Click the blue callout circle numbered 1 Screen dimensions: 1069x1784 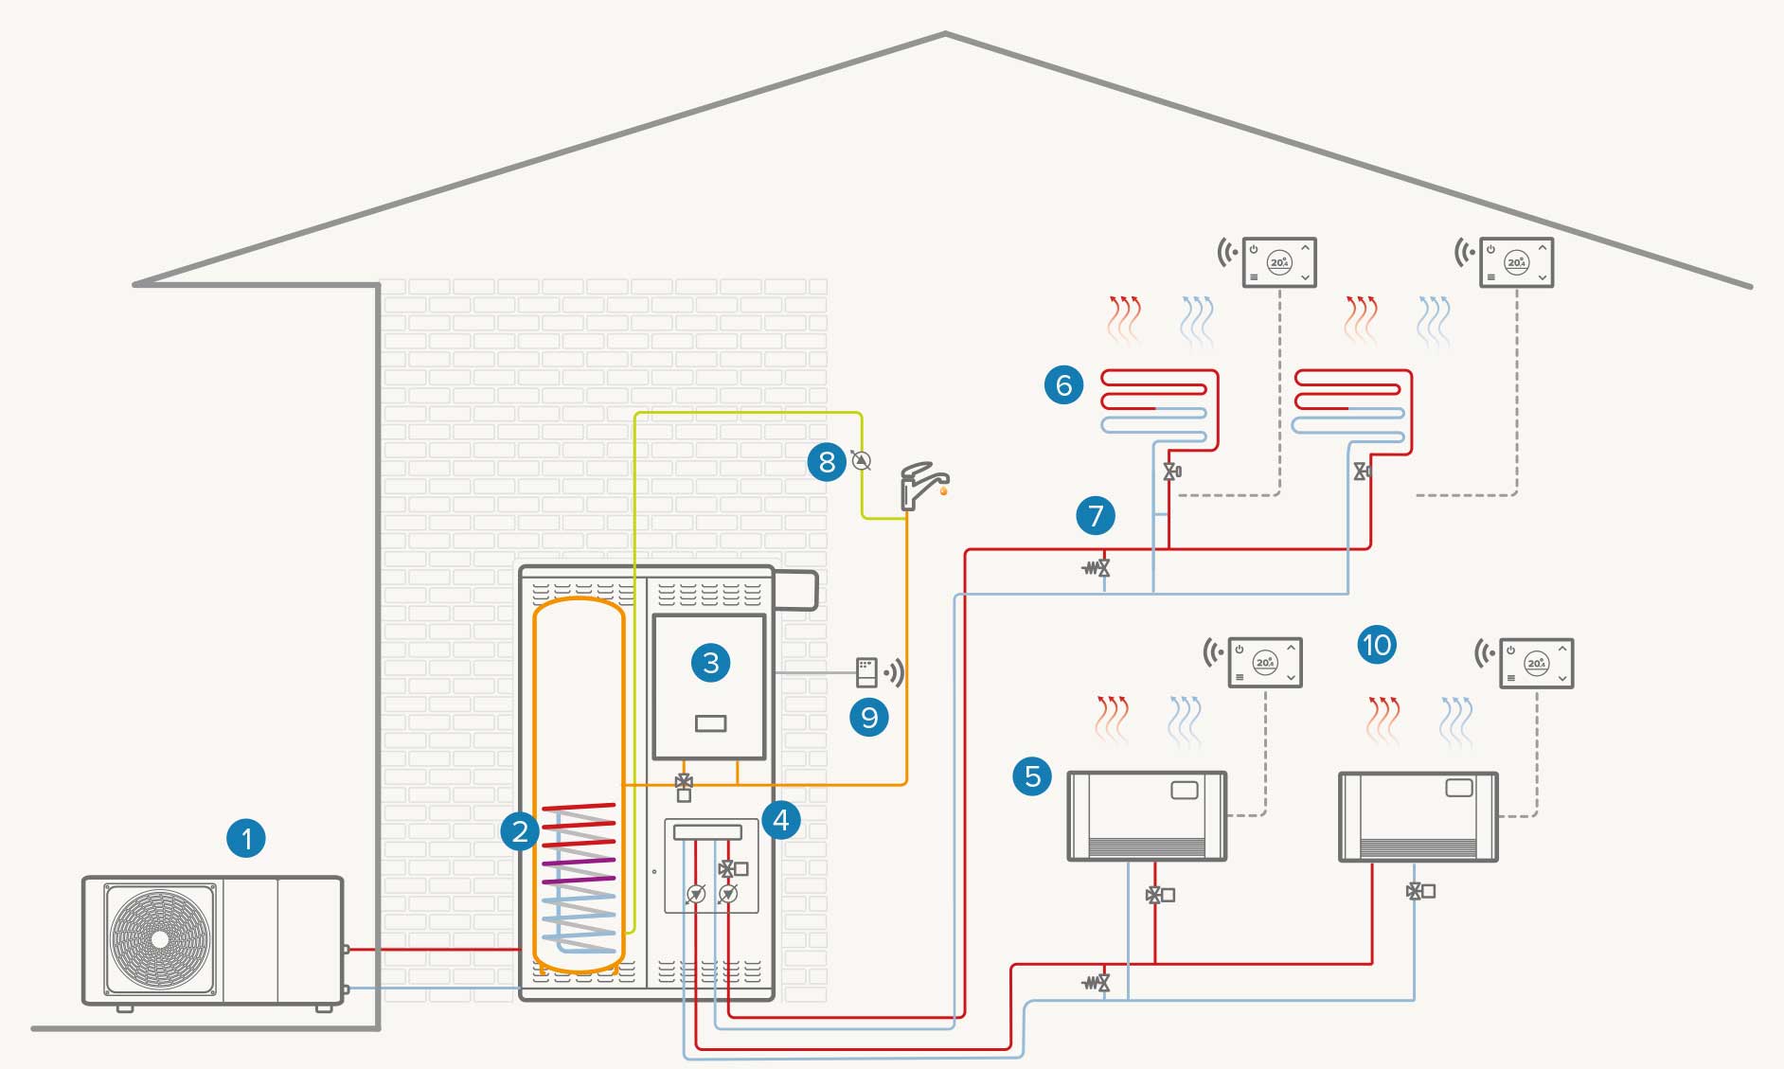(246, 838)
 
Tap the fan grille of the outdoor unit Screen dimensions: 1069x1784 (160, 938)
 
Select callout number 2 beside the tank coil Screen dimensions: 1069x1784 (519, 831)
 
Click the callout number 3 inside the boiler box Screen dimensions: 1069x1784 (710, 662)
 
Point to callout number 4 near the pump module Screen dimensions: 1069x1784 (780, 819)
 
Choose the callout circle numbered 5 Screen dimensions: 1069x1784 (1032, 775)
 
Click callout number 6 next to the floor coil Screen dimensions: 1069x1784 (1063, 384)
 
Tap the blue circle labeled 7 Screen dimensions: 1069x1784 (1096, 515)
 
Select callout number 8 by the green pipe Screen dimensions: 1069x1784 (827, 461)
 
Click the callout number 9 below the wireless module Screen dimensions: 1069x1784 (868, 717)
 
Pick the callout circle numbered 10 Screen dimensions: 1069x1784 (1376, 645)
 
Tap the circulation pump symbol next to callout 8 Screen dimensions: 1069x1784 (861, 460)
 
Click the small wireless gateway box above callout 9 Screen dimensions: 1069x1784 (866, 672)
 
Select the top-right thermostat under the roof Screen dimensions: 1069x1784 (1516, 262)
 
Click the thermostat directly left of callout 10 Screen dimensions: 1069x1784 (1265, 662)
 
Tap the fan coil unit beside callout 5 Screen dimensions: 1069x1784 (1147, 815)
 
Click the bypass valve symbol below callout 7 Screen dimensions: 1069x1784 (1097, 568)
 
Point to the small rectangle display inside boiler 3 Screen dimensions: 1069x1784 (710, 723)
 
